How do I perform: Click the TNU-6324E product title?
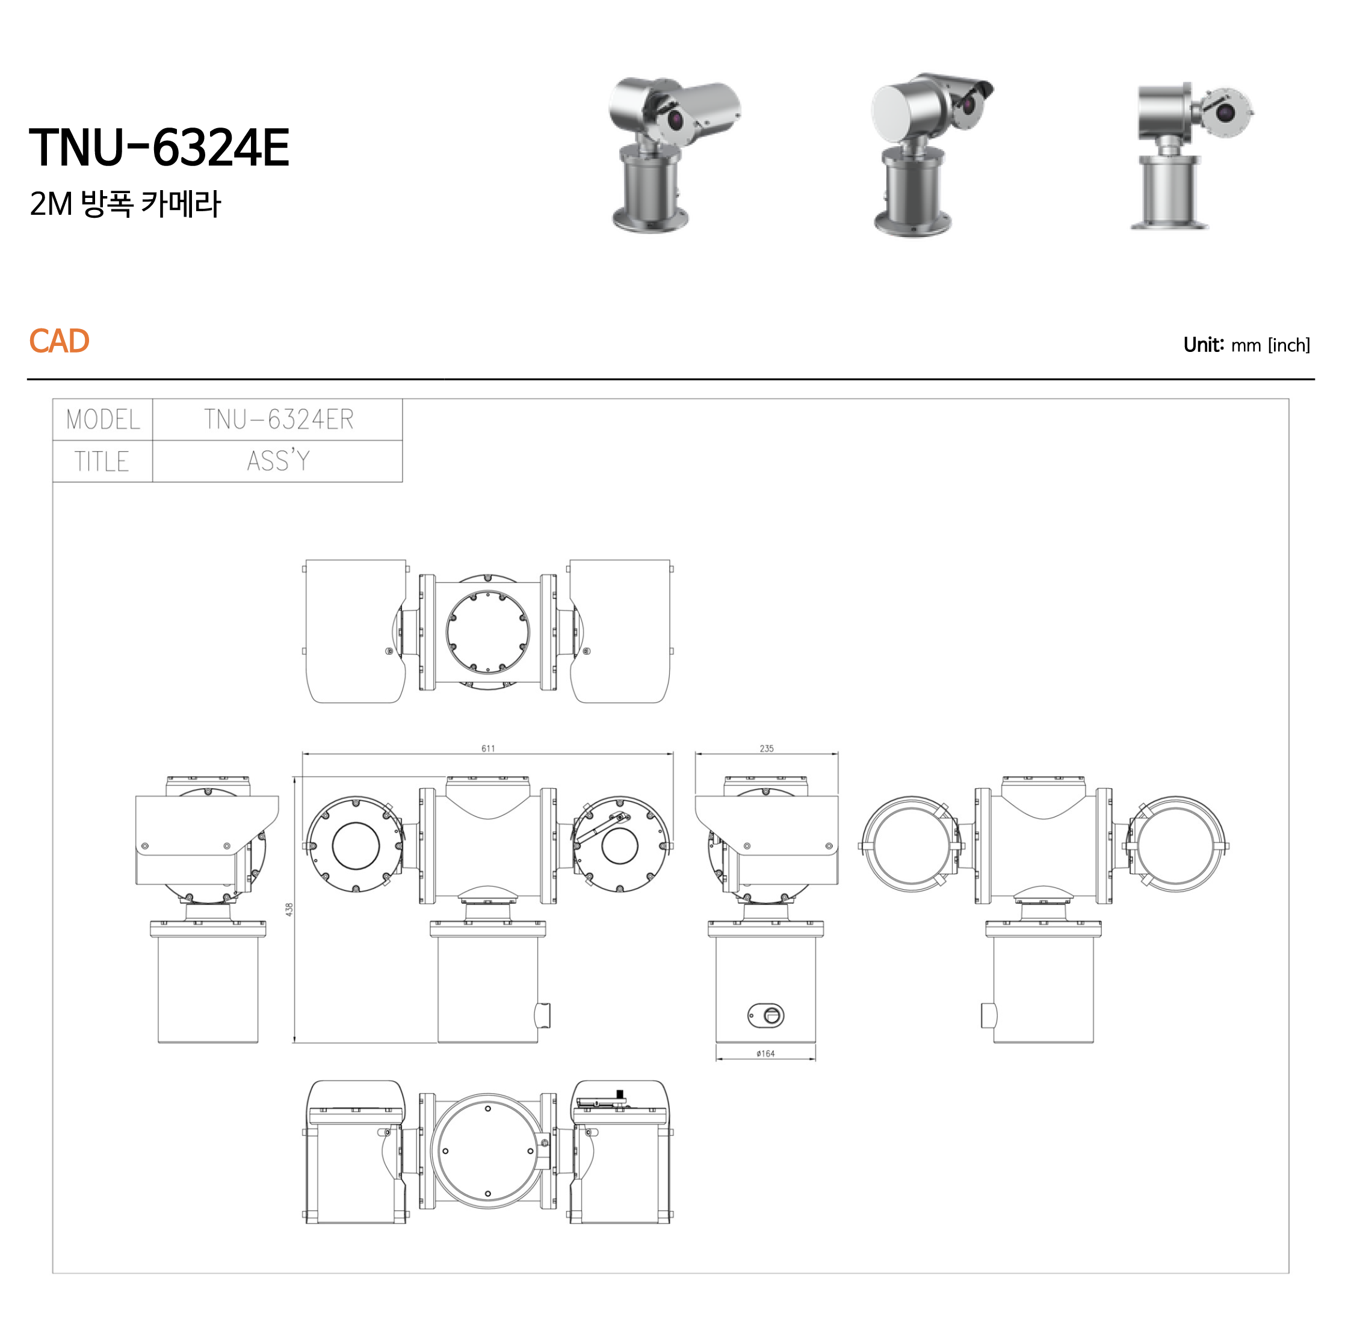point(159,147)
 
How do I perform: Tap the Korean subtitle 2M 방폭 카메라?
point(125,204)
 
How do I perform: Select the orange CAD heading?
point(59,341)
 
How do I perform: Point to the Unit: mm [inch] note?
point(1246,345)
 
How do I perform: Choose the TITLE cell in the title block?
point(103,461)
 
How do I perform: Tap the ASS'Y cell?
point(279,461)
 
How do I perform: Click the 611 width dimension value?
point(488,749)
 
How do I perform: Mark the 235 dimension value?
point(767,749)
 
